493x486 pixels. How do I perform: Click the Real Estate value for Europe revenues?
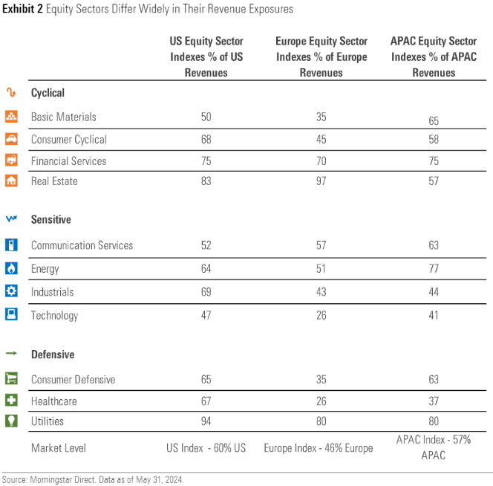pos(321,181)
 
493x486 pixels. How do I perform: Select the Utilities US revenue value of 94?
pos(206,421)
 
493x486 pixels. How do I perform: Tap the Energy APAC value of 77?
pos(434,269)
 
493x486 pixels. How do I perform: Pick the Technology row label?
pos(54,315)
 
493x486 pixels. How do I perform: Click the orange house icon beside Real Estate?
pos(11,181)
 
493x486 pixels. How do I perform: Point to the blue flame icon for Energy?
pos(11,269)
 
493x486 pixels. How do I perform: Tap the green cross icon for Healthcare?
pos(11,401)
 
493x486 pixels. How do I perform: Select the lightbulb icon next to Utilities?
pos(11,421)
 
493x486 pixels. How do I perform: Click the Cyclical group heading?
pos(48,93)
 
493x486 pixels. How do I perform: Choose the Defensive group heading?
pos(52,354)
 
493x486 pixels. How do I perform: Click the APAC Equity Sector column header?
pos(434,57)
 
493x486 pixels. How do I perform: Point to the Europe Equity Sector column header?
pos(321,57)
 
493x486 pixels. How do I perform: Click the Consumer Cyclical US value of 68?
pos(206,139)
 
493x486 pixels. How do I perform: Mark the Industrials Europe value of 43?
pos(321,292)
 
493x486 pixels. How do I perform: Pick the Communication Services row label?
pos(82,245)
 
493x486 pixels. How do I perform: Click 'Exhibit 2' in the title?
pos(23,9)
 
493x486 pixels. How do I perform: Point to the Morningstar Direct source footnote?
pos(92,479)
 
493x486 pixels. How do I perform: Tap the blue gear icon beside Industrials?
pos(11,292)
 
